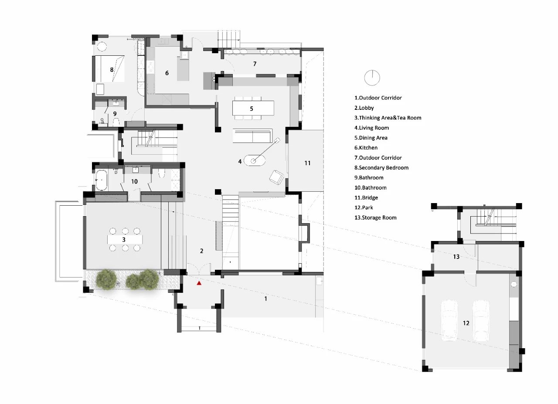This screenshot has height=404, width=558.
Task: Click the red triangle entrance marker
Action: coord(199,283)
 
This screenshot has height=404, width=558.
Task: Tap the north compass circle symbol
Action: coord(372,78)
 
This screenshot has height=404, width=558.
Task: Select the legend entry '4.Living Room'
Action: coord(371,128)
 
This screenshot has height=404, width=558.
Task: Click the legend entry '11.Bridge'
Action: coord(366,197)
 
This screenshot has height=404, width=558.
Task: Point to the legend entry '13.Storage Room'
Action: coord(375,217)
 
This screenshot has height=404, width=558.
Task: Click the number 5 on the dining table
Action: coord(252,109)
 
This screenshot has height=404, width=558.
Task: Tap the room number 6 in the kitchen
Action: coord(167,73)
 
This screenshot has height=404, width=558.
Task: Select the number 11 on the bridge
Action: coord(307,163)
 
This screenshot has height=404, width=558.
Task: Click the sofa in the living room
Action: coord(252,136)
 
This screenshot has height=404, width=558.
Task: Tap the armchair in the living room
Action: coord(276,177)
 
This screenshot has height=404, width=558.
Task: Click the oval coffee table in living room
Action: coord(254,161)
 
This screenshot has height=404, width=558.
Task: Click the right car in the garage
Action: coord(481,320)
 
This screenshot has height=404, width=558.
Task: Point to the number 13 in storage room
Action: coord(456,257)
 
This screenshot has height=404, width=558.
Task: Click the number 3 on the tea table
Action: coord(124,240)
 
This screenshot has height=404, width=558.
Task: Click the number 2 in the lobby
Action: coord(201,251)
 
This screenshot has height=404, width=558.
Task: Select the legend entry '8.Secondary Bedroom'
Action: coord(381,167)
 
